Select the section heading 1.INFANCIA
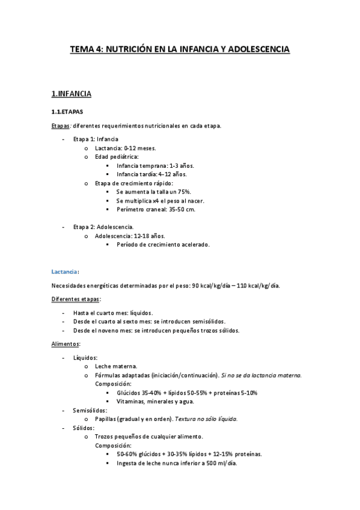click(72, 94)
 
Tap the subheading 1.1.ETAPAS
click(67, 112)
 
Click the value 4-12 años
click(177, 174)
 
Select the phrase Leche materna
click(116, 366)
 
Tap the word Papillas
click(106, 419)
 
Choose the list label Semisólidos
click(90, 410)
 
